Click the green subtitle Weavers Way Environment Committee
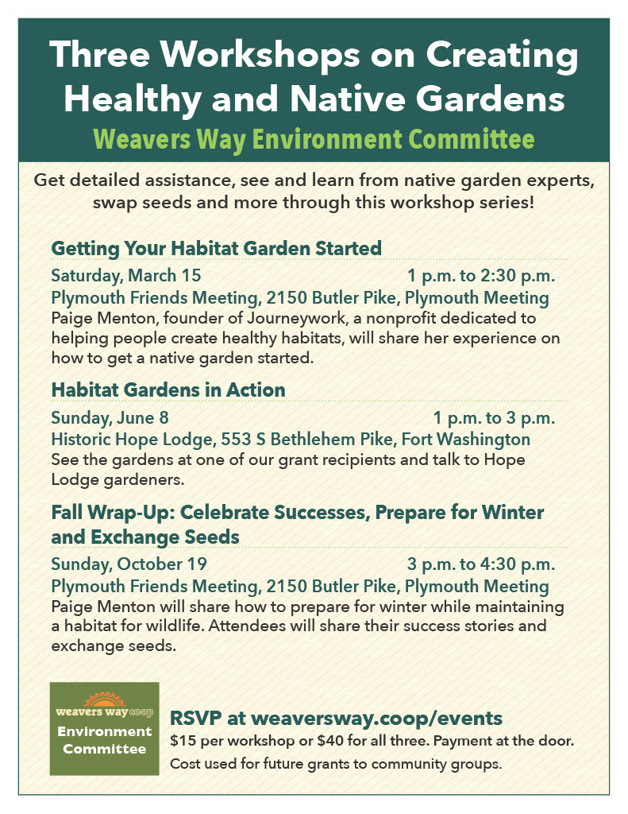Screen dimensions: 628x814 coord(314,139)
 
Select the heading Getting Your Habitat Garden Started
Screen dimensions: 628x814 coord(216,248)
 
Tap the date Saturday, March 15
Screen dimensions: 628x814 coord(126,275)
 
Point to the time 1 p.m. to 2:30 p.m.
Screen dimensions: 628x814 coord(481,275)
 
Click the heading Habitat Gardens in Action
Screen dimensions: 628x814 coord(168,390)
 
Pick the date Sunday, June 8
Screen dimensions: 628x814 coord(110,417)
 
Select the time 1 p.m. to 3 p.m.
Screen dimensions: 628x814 coord(494,417)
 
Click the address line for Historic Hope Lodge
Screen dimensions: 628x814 coord(291,439)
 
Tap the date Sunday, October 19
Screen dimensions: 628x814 coord(129,564)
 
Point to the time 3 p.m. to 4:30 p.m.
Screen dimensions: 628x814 coord(481,564)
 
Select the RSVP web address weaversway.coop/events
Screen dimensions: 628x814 coord(377,718)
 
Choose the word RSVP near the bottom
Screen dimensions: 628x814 coord(195,718)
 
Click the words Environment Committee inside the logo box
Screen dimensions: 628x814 coord(105,740)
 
